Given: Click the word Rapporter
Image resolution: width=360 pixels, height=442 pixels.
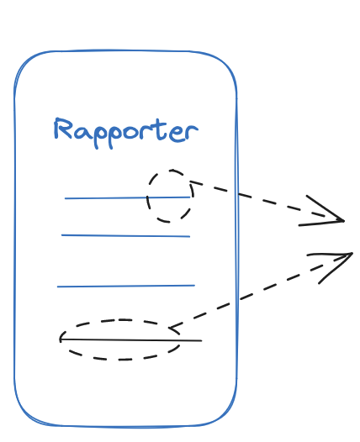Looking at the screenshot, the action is pos(126,133).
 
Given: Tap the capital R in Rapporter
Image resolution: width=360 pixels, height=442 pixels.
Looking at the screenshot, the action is pos(62,129).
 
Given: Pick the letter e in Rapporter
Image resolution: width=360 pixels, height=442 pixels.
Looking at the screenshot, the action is pos(177,134).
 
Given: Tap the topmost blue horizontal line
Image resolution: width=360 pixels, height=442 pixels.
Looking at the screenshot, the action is pos(128,197).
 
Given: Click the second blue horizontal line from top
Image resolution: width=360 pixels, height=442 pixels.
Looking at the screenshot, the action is pos(126,235).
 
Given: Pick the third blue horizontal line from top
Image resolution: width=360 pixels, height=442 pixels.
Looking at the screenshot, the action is pos(126,286).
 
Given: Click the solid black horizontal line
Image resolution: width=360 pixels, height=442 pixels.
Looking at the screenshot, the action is pos(131,340).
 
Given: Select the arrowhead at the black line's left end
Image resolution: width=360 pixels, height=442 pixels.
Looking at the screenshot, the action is pos(61,339).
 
